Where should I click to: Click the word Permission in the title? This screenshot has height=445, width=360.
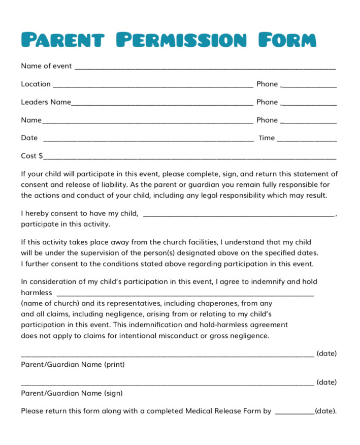point(181,39)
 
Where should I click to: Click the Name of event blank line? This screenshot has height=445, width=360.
point(205,67)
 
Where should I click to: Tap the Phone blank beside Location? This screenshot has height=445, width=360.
point(308,85)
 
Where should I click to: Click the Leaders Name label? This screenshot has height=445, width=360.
point(46,102)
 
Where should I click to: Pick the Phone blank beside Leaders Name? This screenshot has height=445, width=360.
point(308,103)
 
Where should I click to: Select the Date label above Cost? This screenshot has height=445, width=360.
point(29,138)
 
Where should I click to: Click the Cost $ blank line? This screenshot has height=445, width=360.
point(190,157)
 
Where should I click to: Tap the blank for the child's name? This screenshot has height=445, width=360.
point(239,214)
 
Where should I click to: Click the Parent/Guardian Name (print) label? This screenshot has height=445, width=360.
point(73,365)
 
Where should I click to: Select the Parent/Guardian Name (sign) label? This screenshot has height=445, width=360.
point(72,393)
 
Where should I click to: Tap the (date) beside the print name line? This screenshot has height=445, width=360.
point(326,354)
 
